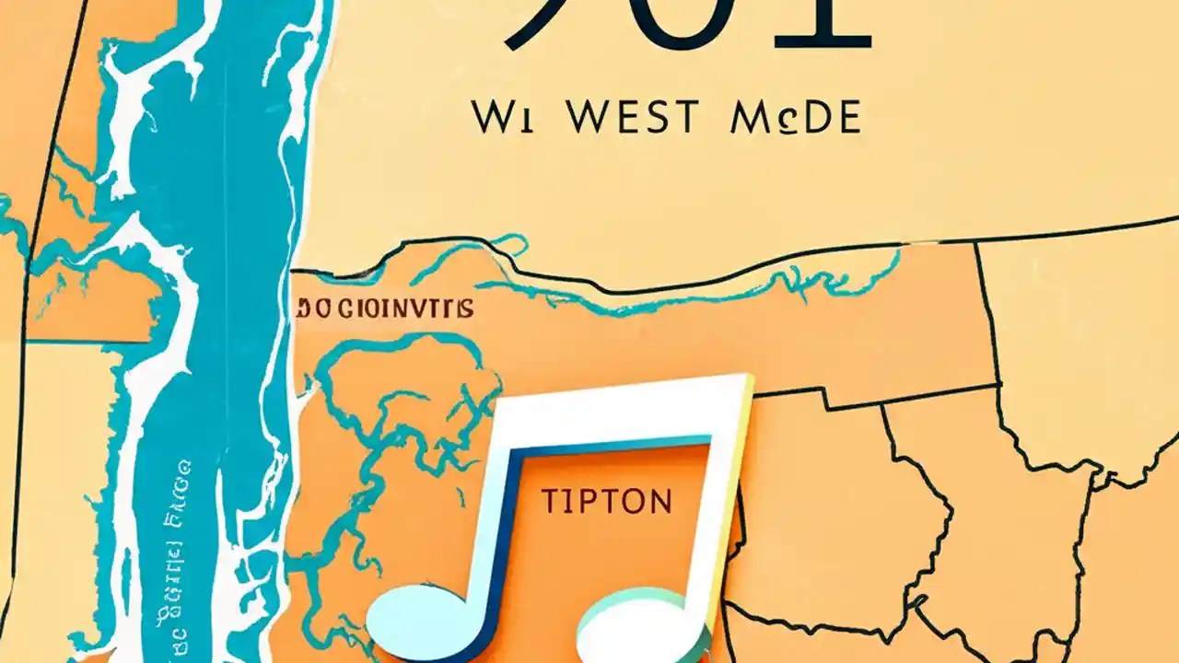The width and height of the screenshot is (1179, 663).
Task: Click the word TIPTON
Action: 606,502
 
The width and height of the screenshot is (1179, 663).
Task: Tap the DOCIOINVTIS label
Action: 386,308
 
